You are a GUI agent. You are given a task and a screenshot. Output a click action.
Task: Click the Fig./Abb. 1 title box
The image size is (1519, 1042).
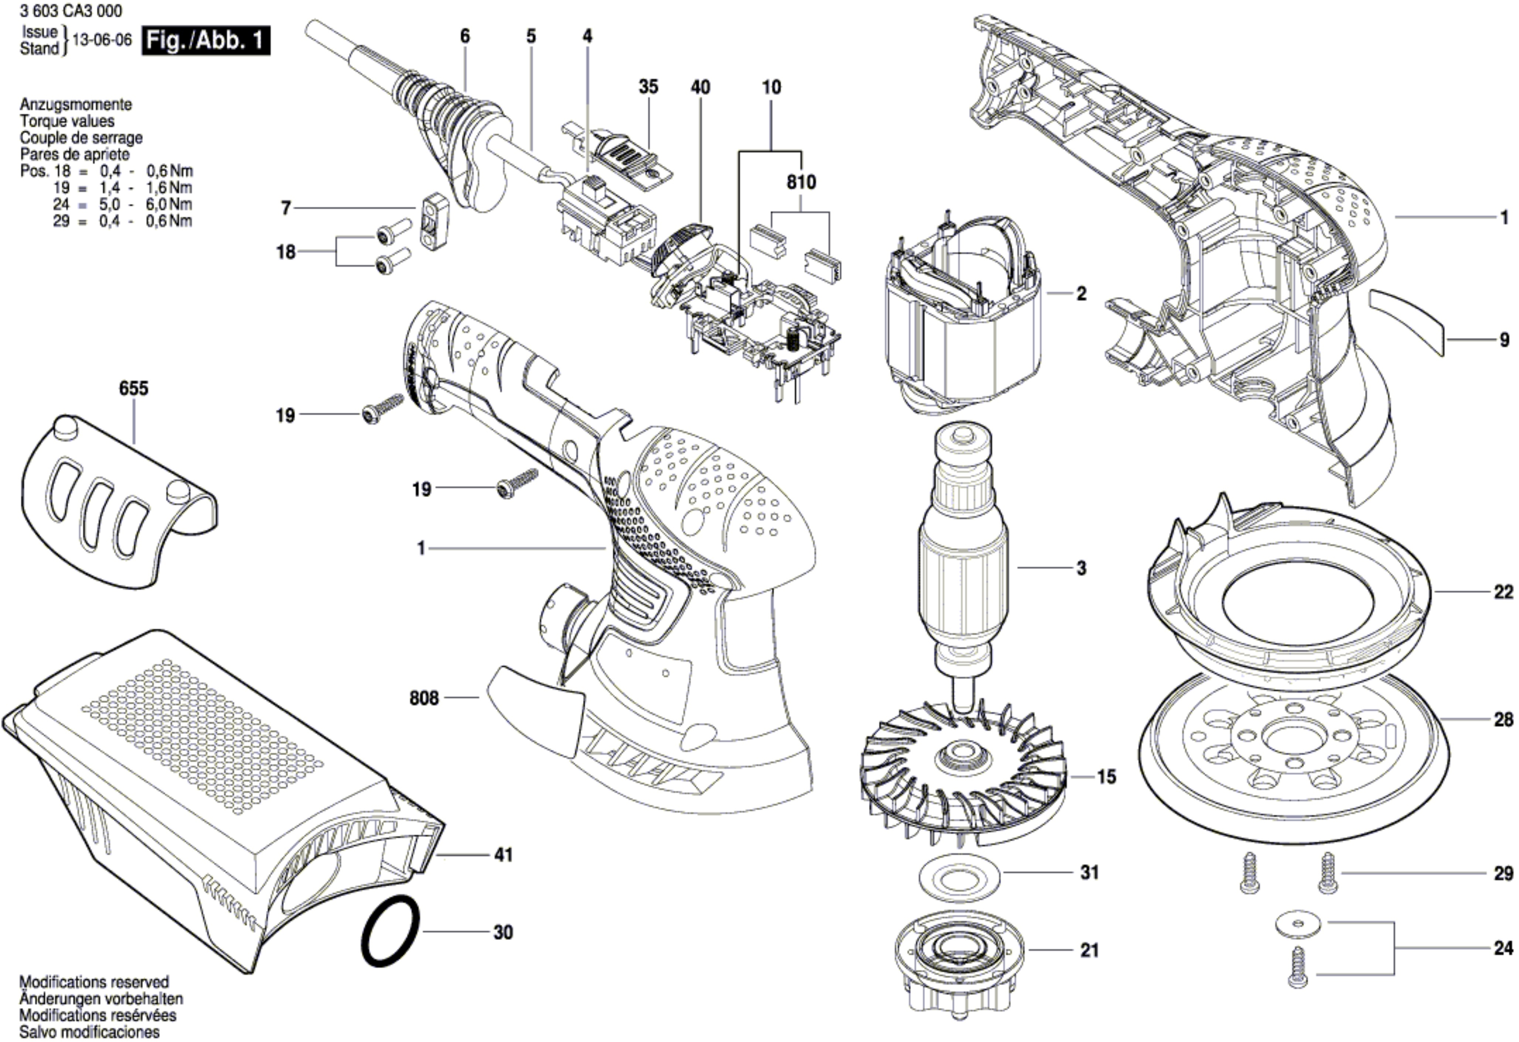(205, 41)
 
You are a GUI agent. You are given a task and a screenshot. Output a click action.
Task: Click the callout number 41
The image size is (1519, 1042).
(503, 855)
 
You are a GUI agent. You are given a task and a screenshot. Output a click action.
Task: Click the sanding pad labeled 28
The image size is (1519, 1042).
(1294, 759)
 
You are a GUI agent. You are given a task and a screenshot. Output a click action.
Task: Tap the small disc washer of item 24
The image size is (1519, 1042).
(1298, 924)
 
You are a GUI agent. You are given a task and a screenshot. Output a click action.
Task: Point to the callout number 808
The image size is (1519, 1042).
(424, 698)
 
